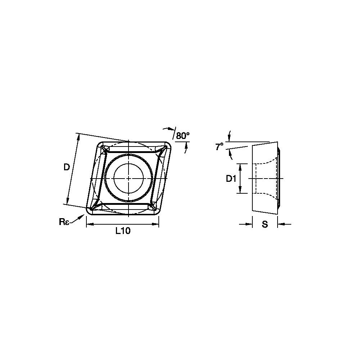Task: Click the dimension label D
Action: (x=67, y=168)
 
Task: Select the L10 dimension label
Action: (x=123, y=231)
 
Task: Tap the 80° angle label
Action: (x=183, y=136)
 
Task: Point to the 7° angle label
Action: (x=219, y=147)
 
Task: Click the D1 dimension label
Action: (x=231, y=179)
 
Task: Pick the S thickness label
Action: (x=265, y=224)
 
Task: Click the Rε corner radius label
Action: (x=64, y=222)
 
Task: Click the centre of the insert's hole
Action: (x=129, y=179)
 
